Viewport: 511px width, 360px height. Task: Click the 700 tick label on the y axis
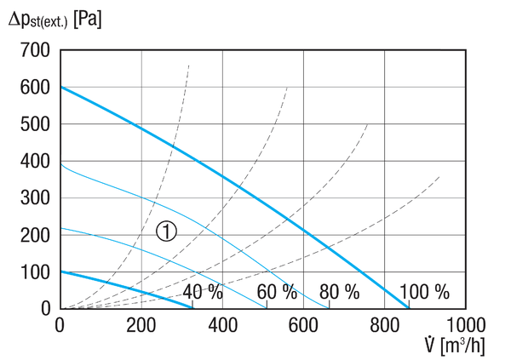[x=35, y=50]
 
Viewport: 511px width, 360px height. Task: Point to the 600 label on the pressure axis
[x=35, y=88]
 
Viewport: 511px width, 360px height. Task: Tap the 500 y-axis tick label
[x=35, y=124]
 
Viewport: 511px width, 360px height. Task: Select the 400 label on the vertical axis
[x=35, y=161]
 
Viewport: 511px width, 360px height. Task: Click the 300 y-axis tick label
[x=35, y=198]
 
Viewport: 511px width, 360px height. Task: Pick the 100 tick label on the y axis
[x=35, y=272]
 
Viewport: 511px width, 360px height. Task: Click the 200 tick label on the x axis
[x=141, y=325]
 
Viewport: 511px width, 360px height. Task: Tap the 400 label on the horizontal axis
[x=222, y=325]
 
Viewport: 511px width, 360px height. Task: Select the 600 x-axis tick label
[x=303, y=325]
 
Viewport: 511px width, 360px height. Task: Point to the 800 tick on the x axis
[x=385, y=325]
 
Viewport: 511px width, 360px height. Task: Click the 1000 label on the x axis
[x=466, y=325]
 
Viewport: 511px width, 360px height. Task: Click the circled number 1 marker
[x=167, y=231]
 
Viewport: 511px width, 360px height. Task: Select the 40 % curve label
[x=203, y=292]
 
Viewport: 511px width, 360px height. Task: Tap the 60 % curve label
[x=277, y=292]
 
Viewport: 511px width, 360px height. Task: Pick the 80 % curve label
[x=339, y=292]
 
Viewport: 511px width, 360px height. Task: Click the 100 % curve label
[x=424, y=292]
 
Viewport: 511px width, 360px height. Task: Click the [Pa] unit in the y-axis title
[x=88, y=20]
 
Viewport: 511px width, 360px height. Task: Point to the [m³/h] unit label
[x=462, y=346]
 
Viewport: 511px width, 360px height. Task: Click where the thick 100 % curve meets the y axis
[x=61, y=87]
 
